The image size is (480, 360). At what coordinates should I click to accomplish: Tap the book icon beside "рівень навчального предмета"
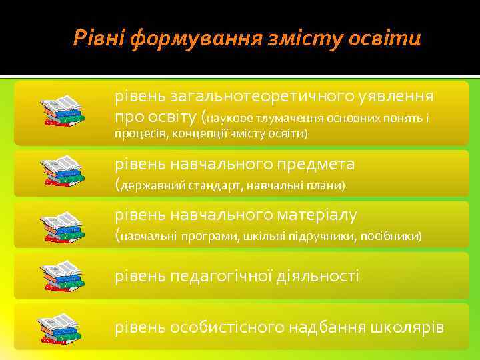coord(62,172)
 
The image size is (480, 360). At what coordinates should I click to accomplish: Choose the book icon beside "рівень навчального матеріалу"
coord(62,225)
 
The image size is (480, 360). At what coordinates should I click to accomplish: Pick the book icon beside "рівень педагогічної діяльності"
coord(62,275)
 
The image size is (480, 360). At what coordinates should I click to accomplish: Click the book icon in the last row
coord(62,327)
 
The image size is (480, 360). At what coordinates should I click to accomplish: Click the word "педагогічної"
coord(225,275)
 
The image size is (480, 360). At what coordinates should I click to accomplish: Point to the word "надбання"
coord(326,327)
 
